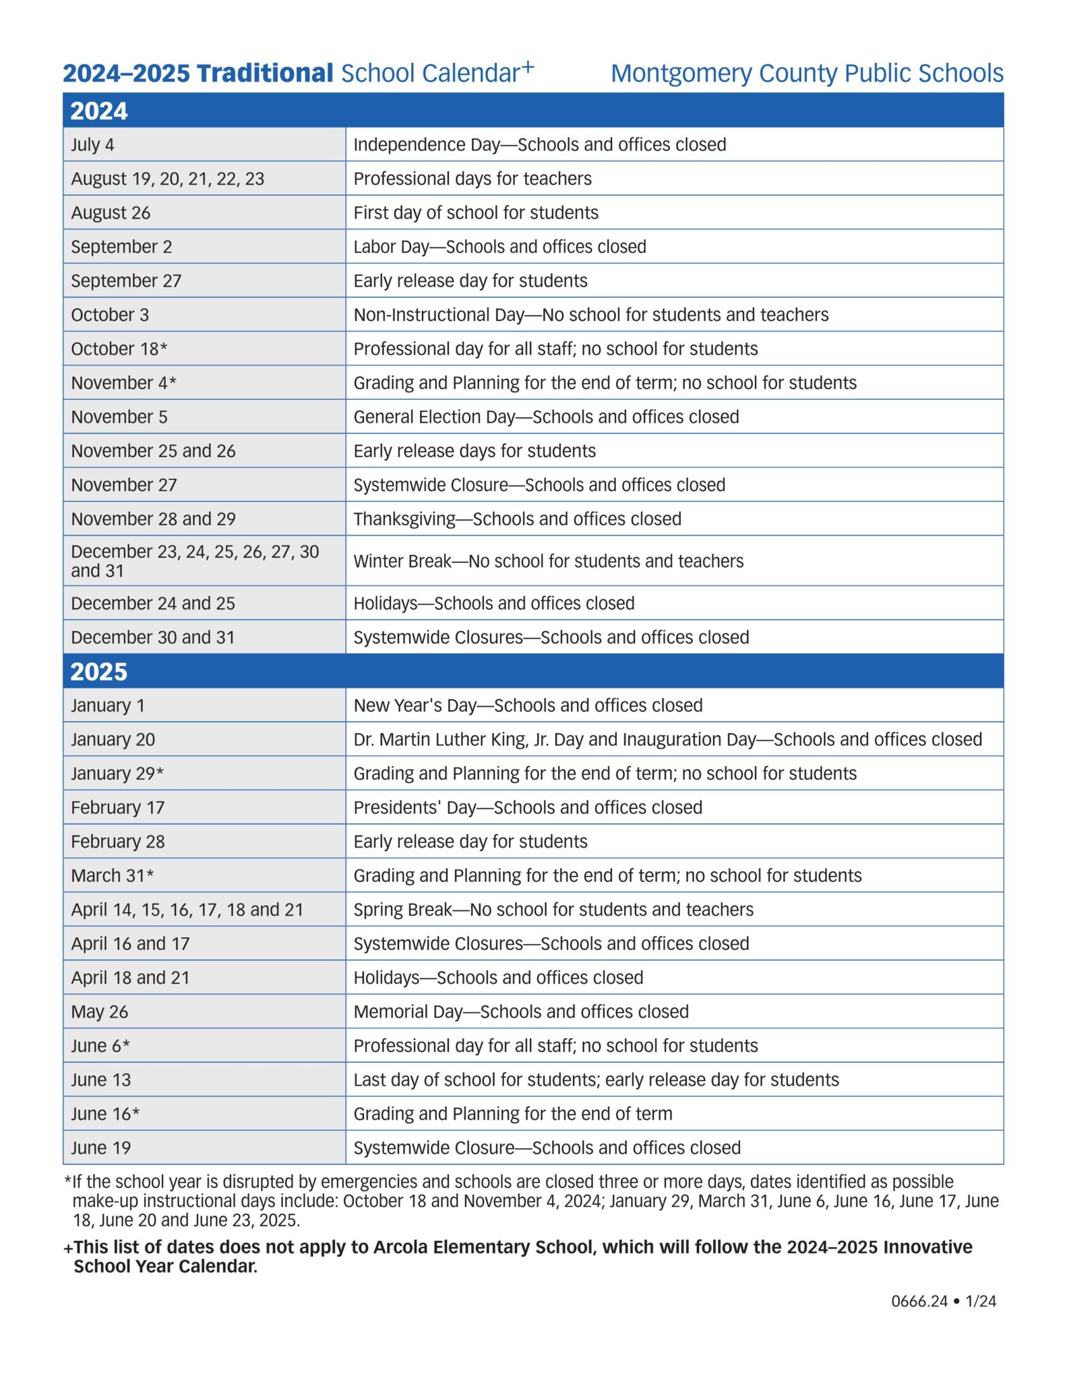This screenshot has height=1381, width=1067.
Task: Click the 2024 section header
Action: pos(99,111)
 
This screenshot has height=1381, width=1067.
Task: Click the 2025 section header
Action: pos(99,672)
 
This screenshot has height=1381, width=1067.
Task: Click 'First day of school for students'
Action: pos(476,213)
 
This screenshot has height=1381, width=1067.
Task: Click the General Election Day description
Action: pos(546,417)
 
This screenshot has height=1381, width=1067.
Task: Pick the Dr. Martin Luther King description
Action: pos(667,740)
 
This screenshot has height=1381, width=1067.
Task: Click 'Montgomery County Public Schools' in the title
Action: pos(807,74)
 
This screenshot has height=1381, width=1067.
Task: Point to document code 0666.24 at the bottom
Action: pos(919,1301)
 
